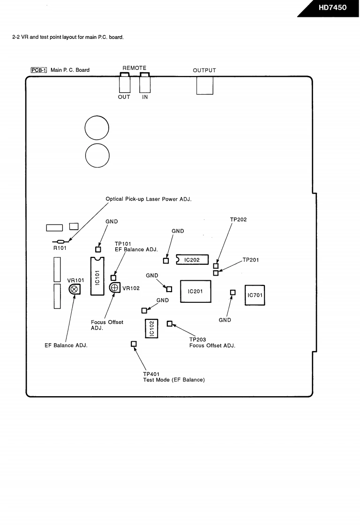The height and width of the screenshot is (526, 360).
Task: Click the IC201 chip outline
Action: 195,280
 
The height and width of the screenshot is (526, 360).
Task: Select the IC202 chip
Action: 192,260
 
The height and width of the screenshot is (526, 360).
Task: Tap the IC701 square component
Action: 255,295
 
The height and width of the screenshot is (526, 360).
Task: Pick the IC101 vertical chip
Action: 97,276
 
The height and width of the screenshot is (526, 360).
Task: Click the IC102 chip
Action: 151,329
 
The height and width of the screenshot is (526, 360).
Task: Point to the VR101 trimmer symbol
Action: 75,289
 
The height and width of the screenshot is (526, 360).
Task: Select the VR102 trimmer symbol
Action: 115,287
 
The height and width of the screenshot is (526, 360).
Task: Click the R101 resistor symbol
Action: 61,241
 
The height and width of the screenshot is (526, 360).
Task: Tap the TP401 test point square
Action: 134,344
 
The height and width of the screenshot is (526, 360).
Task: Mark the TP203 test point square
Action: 169,324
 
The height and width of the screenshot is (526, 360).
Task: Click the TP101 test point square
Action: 113,278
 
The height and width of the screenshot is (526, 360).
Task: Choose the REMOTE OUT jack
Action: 125,83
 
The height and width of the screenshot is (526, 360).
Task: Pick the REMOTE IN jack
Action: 145,83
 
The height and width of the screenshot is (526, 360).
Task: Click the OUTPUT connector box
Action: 205,85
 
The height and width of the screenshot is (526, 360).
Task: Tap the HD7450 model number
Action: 332,8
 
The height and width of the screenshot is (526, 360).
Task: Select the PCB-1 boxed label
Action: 38,70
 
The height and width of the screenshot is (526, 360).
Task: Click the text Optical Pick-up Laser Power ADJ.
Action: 149,199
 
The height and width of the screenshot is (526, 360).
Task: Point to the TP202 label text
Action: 238,219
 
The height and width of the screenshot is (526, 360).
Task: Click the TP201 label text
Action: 251,260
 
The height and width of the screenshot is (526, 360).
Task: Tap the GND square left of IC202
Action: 166,261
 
